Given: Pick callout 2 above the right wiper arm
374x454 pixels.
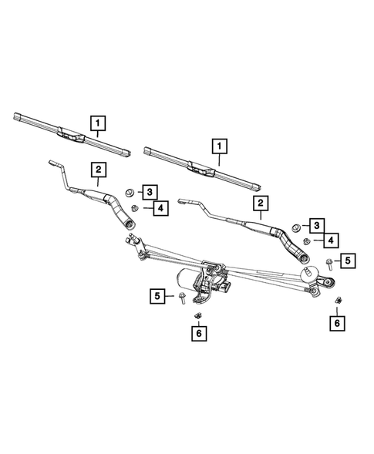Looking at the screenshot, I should point(261,203).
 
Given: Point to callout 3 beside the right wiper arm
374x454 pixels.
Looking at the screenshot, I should point(317,224).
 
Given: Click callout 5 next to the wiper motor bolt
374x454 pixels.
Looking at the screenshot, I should point(158,294).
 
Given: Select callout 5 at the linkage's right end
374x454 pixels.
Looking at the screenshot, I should point(348,261).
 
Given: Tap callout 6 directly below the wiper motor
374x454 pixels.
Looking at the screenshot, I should point(198,333).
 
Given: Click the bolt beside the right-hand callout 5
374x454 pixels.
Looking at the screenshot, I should point(328,264).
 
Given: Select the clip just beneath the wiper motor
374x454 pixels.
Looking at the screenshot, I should point(198,314).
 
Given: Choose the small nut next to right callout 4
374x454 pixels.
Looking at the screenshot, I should point(306,241).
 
